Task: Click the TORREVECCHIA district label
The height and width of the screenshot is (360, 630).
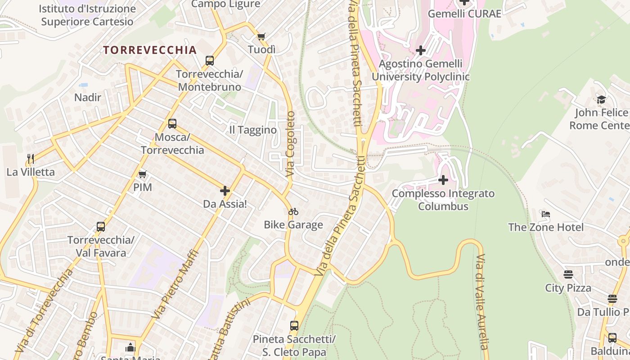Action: click(150, 50)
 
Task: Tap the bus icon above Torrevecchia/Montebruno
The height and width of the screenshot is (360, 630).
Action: click(210, 61)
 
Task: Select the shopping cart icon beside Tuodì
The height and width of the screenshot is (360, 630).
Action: click(261, 36)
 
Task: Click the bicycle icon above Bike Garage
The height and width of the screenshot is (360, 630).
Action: click(293, 211)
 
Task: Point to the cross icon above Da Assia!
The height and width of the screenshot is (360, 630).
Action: click(225, 191)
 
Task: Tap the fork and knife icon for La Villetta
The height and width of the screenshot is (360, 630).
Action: click(31, 158)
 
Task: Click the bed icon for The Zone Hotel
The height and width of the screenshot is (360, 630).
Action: click(546, 214)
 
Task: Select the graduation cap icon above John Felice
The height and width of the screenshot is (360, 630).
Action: click(601, 99)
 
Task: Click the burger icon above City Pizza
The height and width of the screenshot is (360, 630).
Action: click(568, 274)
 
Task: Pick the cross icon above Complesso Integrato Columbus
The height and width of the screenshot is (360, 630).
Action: click(443, 180)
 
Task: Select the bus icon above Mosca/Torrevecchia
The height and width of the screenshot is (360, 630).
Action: click(172, 124)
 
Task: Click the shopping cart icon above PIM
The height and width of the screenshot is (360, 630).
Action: click(143, 174)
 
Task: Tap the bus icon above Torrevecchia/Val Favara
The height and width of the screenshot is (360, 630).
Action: click(101, 227)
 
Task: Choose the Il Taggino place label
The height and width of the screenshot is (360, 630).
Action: click(253, 130)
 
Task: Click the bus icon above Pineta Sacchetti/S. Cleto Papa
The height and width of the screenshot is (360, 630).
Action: click(294, 326)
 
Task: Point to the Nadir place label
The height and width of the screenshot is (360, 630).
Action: click(88, 97)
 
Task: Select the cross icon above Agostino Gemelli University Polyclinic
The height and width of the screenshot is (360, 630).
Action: click(421, 50)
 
